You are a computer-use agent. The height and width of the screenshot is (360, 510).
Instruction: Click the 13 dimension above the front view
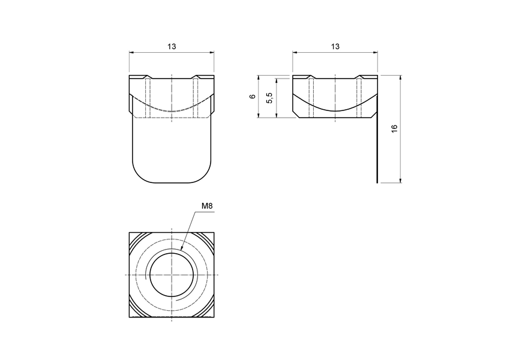click(x=172, y=46)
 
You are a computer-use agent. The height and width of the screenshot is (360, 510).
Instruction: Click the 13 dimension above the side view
click(x=335, y=46)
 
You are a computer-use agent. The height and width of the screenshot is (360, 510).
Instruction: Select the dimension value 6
click(x=253, y=96)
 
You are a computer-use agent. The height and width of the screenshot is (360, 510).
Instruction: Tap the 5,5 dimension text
click(x=270, y=97)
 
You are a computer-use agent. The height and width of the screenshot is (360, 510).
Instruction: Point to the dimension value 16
click(x=394, y=129)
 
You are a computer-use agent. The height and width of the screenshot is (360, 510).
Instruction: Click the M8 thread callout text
click(x=207, y=206)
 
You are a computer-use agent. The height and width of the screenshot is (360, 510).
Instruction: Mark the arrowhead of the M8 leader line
click(x=181, y=249)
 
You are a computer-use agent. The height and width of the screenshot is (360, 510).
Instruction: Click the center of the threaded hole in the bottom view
click(x=172, y=274)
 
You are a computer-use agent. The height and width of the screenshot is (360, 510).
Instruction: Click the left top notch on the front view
click(x=148, y=77)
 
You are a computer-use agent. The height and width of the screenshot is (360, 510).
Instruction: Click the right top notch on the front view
click(x=196, y=77)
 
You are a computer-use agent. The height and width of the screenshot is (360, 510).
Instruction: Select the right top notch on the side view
click(x=359, y=77)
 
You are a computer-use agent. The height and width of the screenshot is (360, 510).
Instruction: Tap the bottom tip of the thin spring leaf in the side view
click(x=377, y=182)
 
